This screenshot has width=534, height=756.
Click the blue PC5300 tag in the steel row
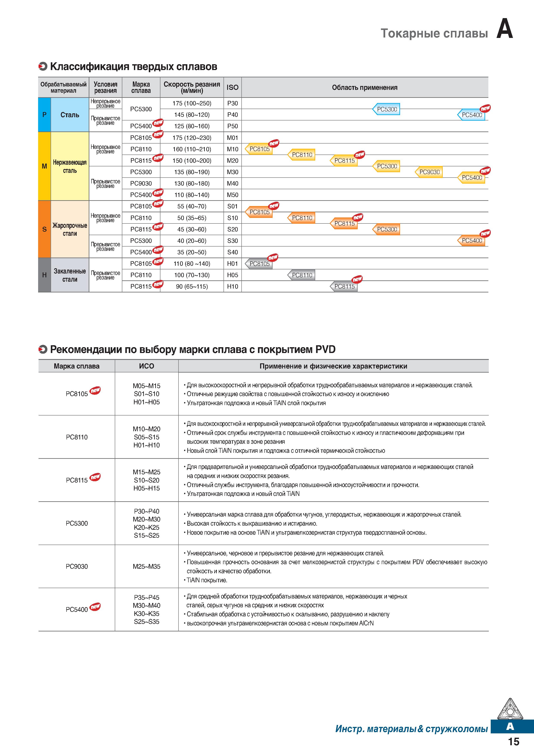tap(386, 109)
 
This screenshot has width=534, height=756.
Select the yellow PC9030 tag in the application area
tap(429, 172)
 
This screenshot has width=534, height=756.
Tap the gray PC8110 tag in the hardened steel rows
tap(301, 275)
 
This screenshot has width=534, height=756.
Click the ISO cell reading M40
tap(232, 183)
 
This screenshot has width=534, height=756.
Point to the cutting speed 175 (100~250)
tap(192, 103)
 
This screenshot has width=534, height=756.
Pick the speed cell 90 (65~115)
tap(192, 286)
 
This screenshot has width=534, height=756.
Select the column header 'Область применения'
tap(365, 87)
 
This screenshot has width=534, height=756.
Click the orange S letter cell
tap(44, 229)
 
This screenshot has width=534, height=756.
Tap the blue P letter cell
tap(44, 115)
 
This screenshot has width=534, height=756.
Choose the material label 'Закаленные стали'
tap(70, 275)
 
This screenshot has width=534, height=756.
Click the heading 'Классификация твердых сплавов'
tap(133, 67)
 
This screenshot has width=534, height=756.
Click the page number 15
tap(514, 742)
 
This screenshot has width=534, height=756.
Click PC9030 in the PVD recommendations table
tap(77, 566)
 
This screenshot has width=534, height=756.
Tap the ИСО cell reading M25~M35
tap(146, 566)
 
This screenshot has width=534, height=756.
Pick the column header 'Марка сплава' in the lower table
tap(77, 366)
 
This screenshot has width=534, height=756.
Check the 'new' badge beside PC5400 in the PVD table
tap(95, 606)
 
